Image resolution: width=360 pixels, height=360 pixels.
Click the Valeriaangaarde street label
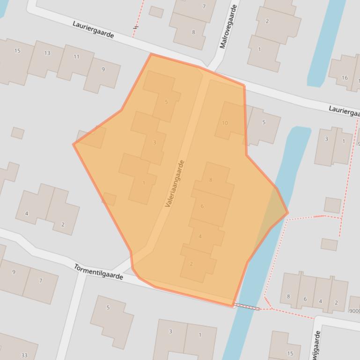point(175,184)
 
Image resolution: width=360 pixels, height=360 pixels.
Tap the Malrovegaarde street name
point(228,27)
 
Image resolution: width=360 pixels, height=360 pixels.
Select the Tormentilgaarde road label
point(98,272)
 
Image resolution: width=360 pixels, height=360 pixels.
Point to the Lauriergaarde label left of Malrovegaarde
point(93,29)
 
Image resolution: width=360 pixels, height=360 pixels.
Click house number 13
point(47,53)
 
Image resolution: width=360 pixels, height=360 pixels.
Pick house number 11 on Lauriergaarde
point(76,57)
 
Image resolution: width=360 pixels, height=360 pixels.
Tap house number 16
point(345,78)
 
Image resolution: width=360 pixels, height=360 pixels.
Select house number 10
point(225,123)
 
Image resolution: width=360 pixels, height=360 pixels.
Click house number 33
point(24,355)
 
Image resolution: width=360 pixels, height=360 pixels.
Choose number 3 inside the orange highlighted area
point(154,143)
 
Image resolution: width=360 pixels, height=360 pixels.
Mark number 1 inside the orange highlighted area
point(144,183)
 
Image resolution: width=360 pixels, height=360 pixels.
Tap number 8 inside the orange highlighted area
point(211,180)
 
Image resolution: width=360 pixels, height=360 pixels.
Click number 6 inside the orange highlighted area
point(202,206)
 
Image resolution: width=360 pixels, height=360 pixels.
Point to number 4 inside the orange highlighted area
point(200,237)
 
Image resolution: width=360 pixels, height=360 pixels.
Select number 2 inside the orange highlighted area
point(191,264)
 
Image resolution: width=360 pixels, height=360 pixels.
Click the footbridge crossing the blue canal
point(247,307)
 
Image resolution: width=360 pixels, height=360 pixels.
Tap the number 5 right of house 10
point(264,122)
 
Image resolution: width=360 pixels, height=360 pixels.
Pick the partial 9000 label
point(354,311)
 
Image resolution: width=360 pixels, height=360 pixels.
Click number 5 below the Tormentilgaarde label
point(108,308)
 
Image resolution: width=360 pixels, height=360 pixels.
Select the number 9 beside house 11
point(103,70)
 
